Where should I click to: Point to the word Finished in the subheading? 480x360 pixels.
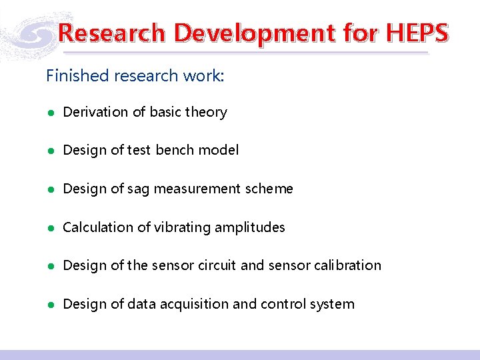coord(77,75)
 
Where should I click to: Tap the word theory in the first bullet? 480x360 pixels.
coord(206,112)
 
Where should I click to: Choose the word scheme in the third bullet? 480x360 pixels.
coord(269,189)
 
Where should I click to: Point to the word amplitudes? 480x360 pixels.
coord(252,227)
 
